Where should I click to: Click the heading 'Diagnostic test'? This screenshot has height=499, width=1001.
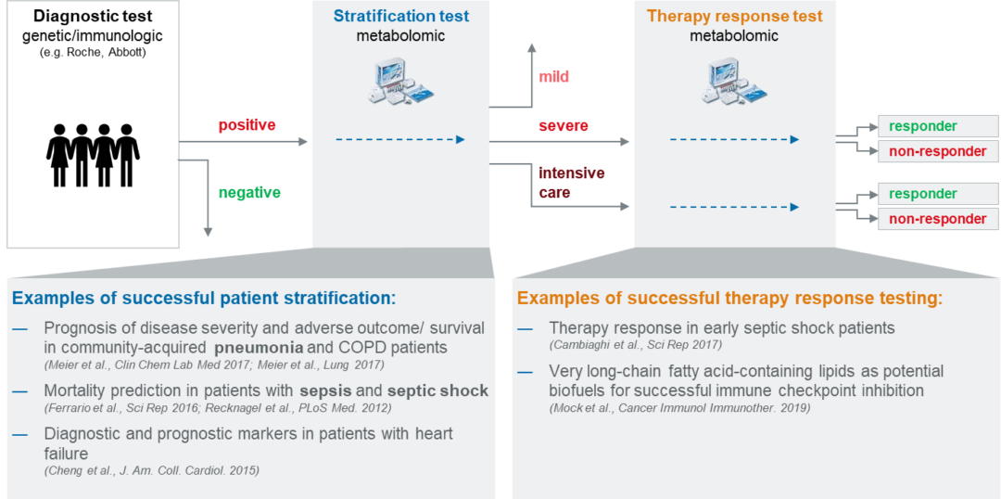[x=93, y=17]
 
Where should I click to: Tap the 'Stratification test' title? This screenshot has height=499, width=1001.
[x=400, y=16]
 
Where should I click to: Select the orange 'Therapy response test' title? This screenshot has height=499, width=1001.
[x=734, y=16]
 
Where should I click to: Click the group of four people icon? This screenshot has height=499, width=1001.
[x=93, y=155]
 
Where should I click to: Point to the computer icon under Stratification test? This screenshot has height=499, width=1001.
[x=400, y=80]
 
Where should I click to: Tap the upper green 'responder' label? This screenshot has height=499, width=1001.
[x=922, y=126]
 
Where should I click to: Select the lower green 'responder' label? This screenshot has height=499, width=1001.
[x=922, y=194]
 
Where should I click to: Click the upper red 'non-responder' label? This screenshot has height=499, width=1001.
[x=937, y=151]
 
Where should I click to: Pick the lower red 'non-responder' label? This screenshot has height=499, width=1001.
[x=937, y=219]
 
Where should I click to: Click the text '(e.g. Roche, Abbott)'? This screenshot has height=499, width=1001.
[x=93, y=53]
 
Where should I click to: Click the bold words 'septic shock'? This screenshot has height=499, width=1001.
[x=437, y=390]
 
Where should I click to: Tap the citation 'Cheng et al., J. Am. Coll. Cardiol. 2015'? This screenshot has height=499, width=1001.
[x=152, y=470]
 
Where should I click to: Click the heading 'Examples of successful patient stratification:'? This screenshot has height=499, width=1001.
[x=204, y=299]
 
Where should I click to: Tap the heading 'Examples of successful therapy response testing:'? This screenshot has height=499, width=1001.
[x=729, y=299]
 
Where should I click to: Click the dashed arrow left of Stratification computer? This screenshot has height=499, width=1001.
[x=399, y=140]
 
